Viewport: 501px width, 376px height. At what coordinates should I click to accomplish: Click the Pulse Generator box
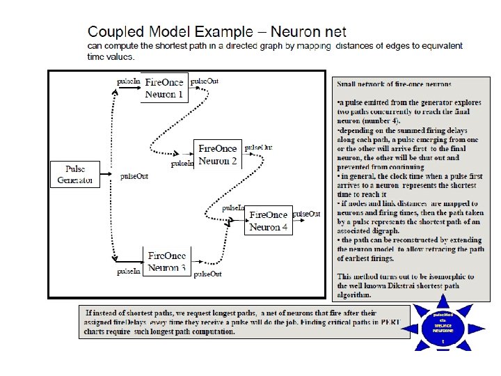click(x=75, y=174)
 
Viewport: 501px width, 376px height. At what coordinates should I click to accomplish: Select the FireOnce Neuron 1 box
click(x=164, y=87)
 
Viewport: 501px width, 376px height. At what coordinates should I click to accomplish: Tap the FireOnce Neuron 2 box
click(x=218, y=154)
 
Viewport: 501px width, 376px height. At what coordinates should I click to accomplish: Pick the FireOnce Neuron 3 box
click(x=167, y=262)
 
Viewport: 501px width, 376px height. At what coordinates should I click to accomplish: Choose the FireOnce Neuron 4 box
click(x=269, y=221)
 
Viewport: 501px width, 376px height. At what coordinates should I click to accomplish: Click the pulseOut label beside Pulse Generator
click(x=134, y=177)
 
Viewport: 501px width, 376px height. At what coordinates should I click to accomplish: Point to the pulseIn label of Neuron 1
click(x=129, y=81)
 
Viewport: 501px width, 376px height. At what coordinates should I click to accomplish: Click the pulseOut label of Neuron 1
click(x=205, y=81)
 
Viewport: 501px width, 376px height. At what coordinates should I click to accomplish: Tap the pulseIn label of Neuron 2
click(x=182, y=164)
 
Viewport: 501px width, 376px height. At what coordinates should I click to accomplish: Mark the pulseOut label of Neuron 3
click(x=207, y=274)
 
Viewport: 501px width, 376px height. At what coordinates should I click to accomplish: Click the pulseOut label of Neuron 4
click(x=307, y=214)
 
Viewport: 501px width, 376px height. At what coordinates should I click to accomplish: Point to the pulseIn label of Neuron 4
click(x=233, y=208)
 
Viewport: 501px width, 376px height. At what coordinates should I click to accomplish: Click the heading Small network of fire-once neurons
click(x=394, y=84)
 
